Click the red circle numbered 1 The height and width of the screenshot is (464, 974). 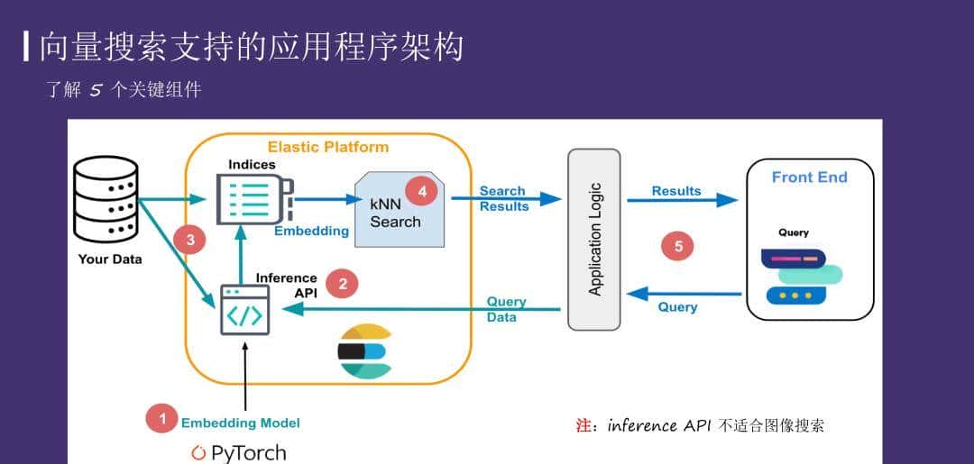pos(162,418)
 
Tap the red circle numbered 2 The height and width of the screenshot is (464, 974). pos(342,284)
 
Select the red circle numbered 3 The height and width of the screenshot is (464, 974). pos(189,240)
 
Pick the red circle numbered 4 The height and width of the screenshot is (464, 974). pos(421,190)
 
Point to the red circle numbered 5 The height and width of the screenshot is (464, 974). pos(677,246)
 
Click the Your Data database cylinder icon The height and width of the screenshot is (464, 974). pos(106,199)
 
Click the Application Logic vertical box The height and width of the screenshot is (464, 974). pos(593,239)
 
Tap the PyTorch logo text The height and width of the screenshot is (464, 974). pos(239,452)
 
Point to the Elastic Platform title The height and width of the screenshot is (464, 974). pos(328,147)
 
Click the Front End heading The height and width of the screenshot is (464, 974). pos(809,177)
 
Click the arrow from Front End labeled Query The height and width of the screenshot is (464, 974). pos(683,294)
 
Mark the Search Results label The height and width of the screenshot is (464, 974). pos(503,198)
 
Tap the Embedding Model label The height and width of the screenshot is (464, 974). pos(240,423)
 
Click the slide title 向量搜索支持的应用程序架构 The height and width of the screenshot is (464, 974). pos(251,47)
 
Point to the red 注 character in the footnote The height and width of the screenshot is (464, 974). pos(583,425)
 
